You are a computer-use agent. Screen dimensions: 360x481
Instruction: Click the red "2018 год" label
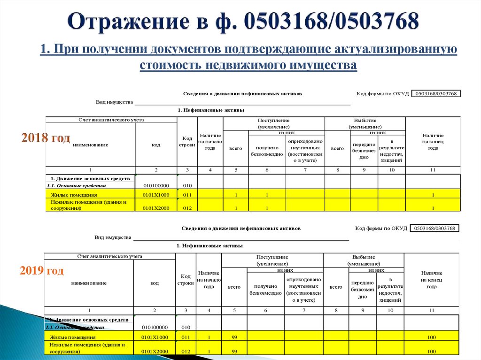coord(46,138)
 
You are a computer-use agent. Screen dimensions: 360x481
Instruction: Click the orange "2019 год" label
coord(41,271)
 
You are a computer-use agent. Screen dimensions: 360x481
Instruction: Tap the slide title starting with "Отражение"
coord(243,22)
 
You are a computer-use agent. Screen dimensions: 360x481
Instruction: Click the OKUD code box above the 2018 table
coord(436,93)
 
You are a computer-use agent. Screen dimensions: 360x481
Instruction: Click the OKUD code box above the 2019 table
coord(434,228)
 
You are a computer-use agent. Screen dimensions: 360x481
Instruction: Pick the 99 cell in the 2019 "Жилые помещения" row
coord(234,337)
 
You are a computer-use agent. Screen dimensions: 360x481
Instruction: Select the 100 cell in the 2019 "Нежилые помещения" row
coord(431,352)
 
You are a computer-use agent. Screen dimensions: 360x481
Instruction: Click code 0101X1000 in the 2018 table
coord(156,194)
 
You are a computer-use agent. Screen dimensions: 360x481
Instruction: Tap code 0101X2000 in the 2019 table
coord(155,352)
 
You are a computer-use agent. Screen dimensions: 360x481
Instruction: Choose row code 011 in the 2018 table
coord(187,194)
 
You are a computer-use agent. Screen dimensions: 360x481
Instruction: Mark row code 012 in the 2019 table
coord(186,352)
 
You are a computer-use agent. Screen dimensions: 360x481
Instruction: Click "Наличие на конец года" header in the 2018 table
coord(433,141)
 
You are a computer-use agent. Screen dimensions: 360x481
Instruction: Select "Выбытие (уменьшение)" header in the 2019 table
coord(363,260)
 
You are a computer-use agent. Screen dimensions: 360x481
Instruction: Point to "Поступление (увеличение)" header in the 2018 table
coord(273,123)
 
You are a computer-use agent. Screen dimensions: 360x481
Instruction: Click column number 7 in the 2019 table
coord(303,310)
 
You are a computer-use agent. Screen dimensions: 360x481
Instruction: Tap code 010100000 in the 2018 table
coord(156,185)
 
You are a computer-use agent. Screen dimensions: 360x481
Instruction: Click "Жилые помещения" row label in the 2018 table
coord(74,194)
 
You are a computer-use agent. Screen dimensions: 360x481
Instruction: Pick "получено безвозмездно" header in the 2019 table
coord(265,289)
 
